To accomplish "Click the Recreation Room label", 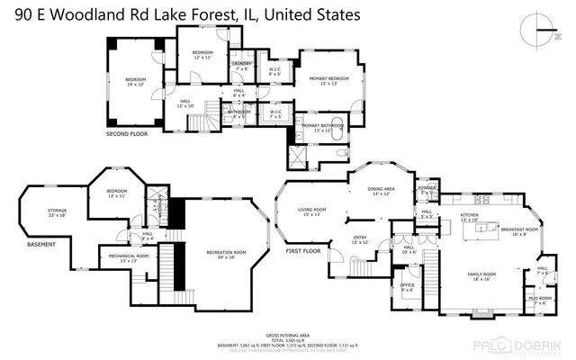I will point(220,254).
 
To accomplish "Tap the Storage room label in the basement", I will point(58,212).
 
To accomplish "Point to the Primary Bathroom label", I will point(322,127).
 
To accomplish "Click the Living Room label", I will point(312,211).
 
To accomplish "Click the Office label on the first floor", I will point(408,287).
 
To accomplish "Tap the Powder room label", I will point(427,190).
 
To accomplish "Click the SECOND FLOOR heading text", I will point(128,134).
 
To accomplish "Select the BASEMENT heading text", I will point(41,244).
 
